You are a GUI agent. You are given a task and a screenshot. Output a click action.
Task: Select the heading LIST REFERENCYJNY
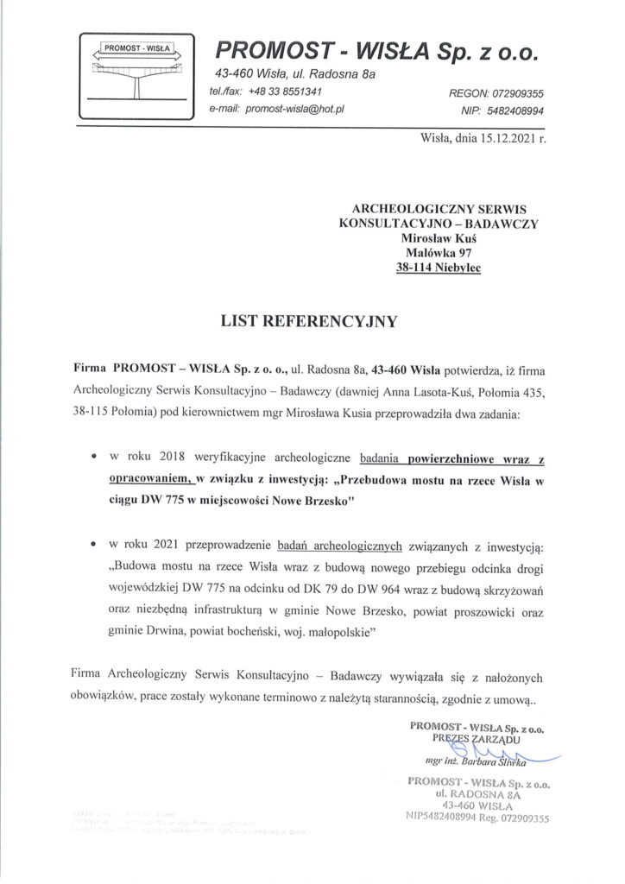(312, 321)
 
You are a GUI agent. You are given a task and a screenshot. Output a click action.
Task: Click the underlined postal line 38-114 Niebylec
(439, 269)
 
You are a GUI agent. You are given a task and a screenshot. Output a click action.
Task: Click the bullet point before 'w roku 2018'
(92, 453)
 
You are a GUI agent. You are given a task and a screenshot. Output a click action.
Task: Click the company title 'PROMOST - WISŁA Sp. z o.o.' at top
(376, 52)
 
